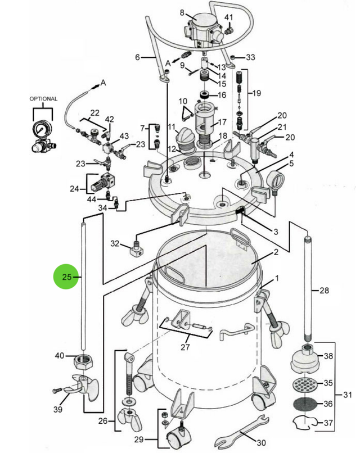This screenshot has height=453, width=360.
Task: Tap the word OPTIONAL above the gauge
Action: tap(43, 99)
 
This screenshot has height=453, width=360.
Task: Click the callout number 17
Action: tap(222, 121)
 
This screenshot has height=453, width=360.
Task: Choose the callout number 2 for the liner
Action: tap(276, 252)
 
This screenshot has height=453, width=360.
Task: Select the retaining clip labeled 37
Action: tap(305, 422)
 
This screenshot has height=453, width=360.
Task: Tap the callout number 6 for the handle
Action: tap(137, 57)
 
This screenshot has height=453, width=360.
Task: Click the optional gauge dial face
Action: tap(40, 128)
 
